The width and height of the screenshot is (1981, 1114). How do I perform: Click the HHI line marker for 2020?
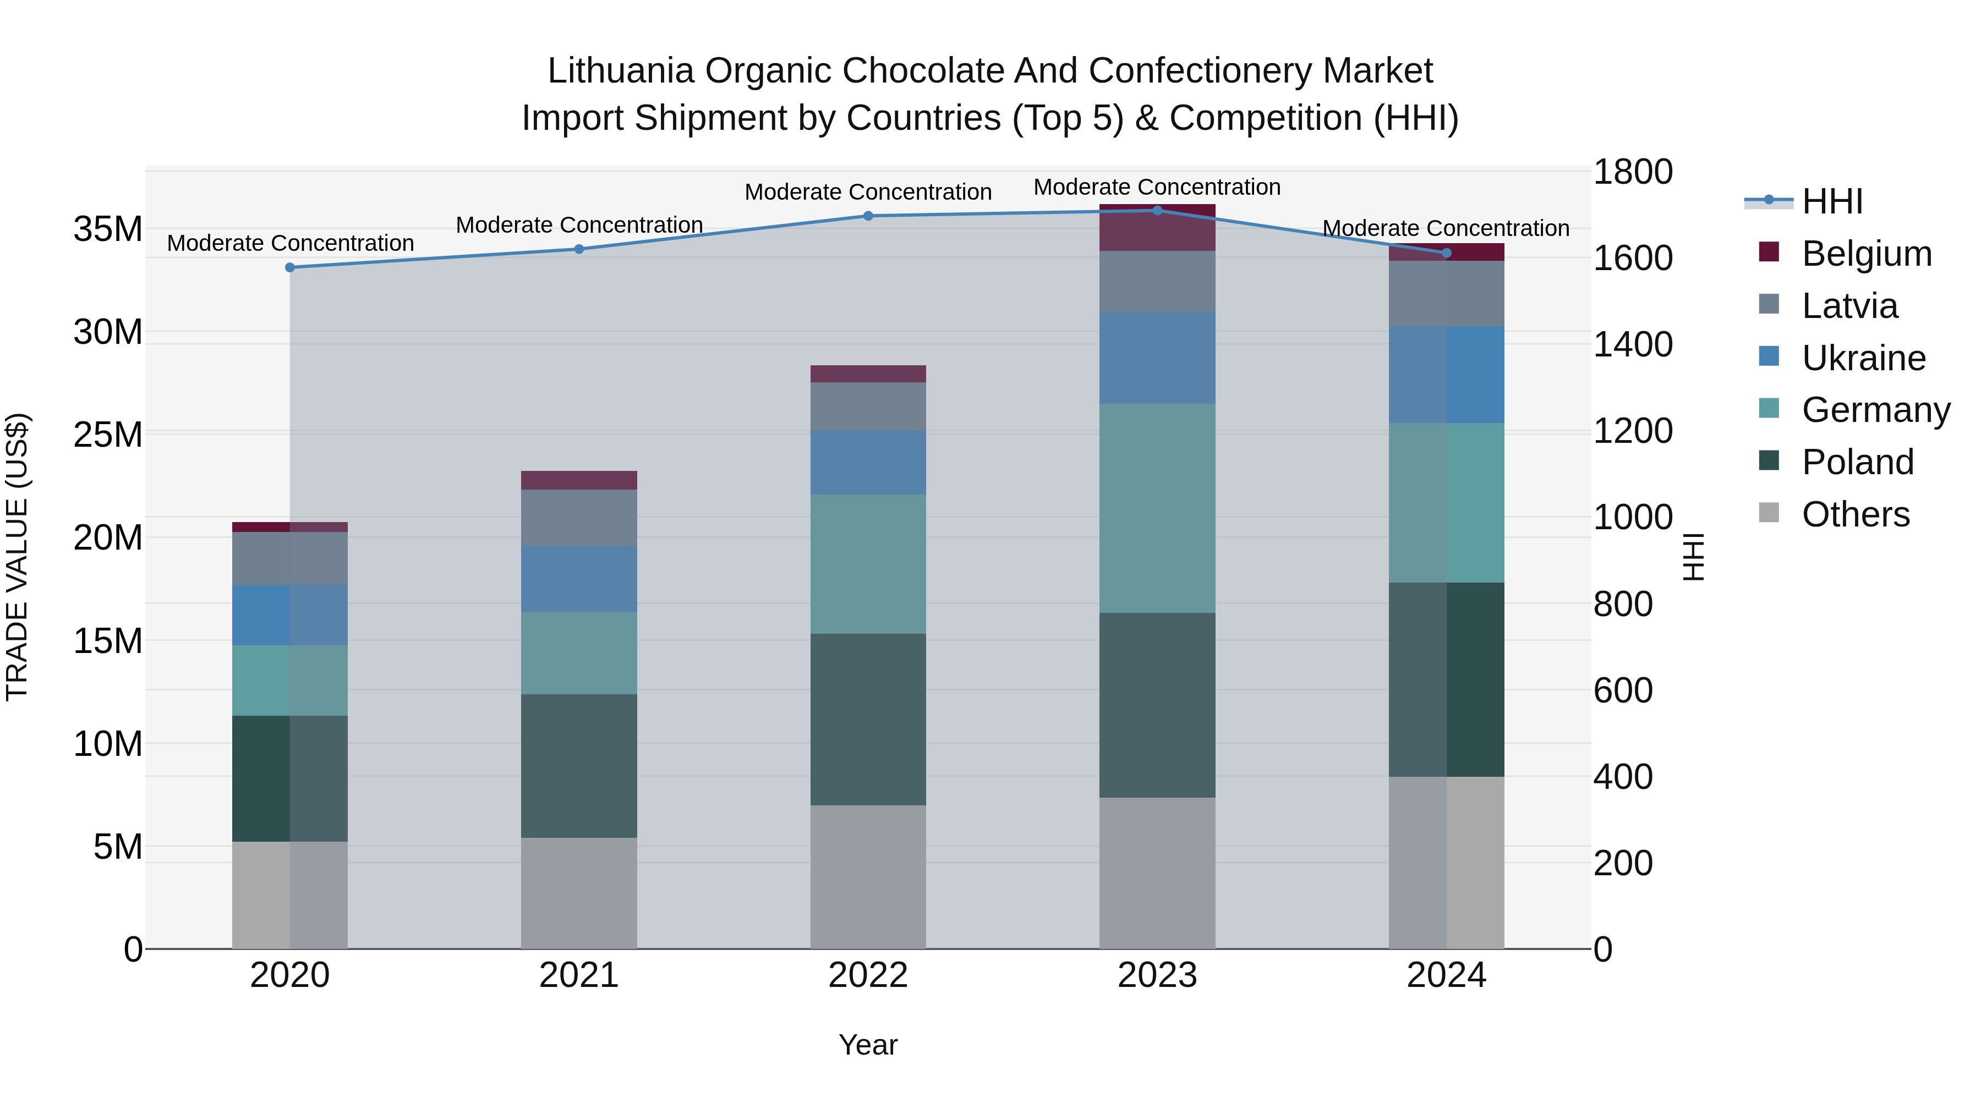(x=290, y=267)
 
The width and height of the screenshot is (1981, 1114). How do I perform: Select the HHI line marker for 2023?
(x=1157, y=211)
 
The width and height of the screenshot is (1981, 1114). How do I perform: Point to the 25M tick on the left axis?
(x=108, y=435)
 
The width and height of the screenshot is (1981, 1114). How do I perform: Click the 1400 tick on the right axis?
(x=1632, y=344)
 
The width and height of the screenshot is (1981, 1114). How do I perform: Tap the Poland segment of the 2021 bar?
(x=578, y=766)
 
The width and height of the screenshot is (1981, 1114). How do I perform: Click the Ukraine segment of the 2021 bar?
(x=578, y=578)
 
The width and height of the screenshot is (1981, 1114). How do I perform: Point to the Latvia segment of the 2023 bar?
(x=1157, y=281)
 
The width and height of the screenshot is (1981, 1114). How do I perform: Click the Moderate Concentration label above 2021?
(x=578, y=225)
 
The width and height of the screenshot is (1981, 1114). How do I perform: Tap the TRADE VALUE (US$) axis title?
(x=17, y=557)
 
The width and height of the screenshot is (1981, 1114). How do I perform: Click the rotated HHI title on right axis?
(x=1693, y=557)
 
